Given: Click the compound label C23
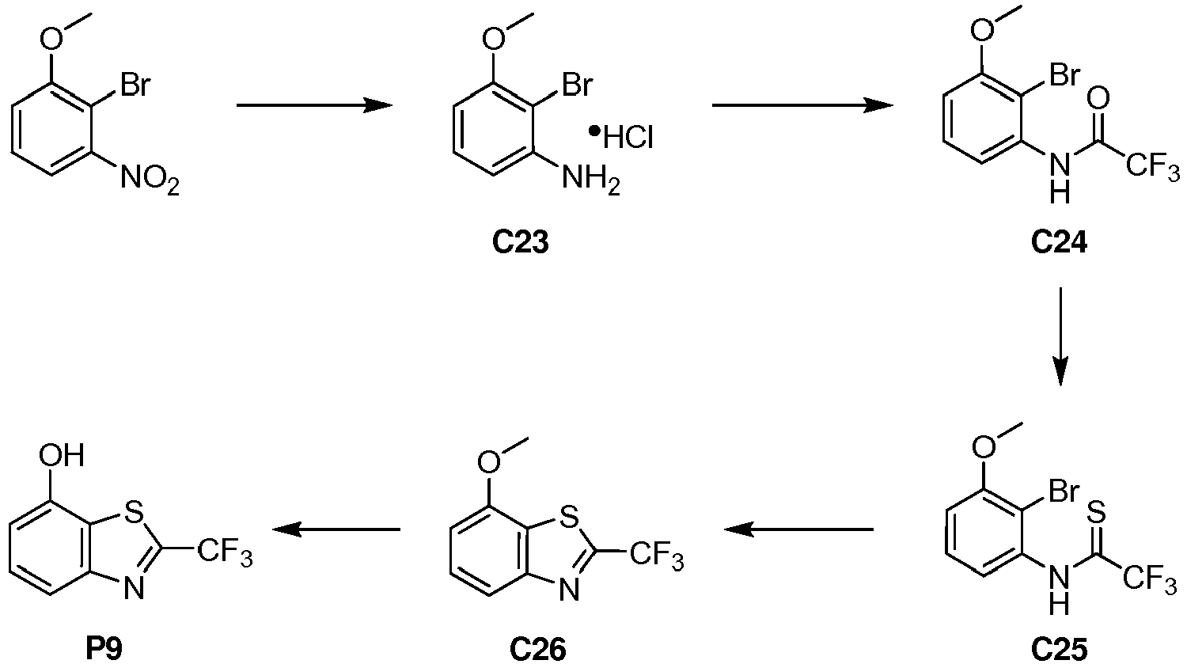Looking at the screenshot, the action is point(521,243).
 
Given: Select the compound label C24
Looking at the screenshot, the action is point(1059,243).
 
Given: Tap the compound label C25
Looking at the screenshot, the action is point(1059,649).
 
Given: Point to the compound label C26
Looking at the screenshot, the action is point(538,649).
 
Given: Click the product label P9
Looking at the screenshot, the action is point(104,649).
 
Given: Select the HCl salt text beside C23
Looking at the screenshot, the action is point(623,138).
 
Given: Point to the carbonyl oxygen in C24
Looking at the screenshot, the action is point(1098,99).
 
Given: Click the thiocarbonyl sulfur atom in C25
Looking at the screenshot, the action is point(1097,510).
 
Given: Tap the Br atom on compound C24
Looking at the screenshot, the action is point(1064,77).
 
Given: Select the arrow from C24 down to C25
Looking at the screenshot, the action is point(1060,336).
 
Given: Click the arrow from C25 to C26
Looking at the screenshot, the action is point(798,529).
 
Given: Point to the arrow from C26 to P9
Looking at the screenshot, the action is point(336,529).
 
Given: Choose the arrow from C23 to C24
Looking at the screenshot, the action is point(802,105).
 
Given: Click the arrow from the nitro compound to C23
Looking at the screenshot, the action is point(314,105).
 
